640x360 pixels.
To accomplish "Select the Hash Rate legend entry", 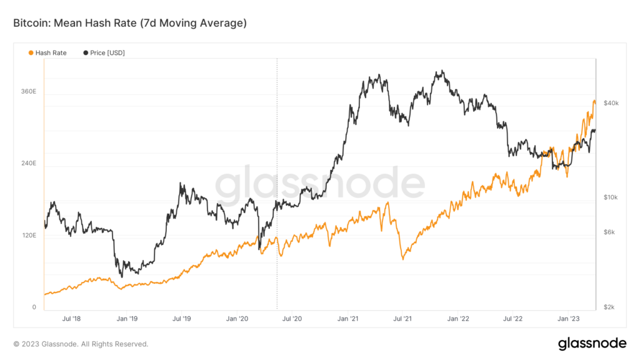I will tap(51, 53).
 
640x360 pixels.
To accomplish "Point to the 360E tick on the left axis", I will tap(29, 91).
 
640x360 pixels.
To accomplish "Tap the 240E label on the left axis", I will tap(29, 163).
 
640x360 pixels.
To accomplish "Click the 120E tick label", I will tap(29, 236).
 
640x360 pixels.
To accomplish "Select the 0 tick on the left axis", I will tap(35, 307).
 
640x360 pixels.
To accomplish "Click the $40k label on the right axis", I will tap(611, 102).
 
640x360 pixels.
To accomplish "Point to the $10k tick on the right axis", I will tap(610, 197).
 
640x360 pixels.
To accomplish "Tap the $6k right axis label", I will tap(609, 232).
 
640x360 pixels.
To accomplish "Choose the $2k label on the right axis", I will tap(609, 307).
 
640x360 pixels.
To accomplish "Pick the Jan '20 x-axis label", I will tap(237, 319).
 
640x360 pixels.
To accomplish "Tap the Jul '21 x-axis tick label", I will tap(402, 319).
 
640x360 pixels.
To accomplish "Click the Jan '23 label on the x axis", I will tap(568, 319).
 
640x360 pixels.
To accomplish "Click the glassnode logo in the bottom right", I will tap(592, 343).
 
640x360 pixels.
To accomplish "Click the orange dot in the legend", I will tap(31, 53).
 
